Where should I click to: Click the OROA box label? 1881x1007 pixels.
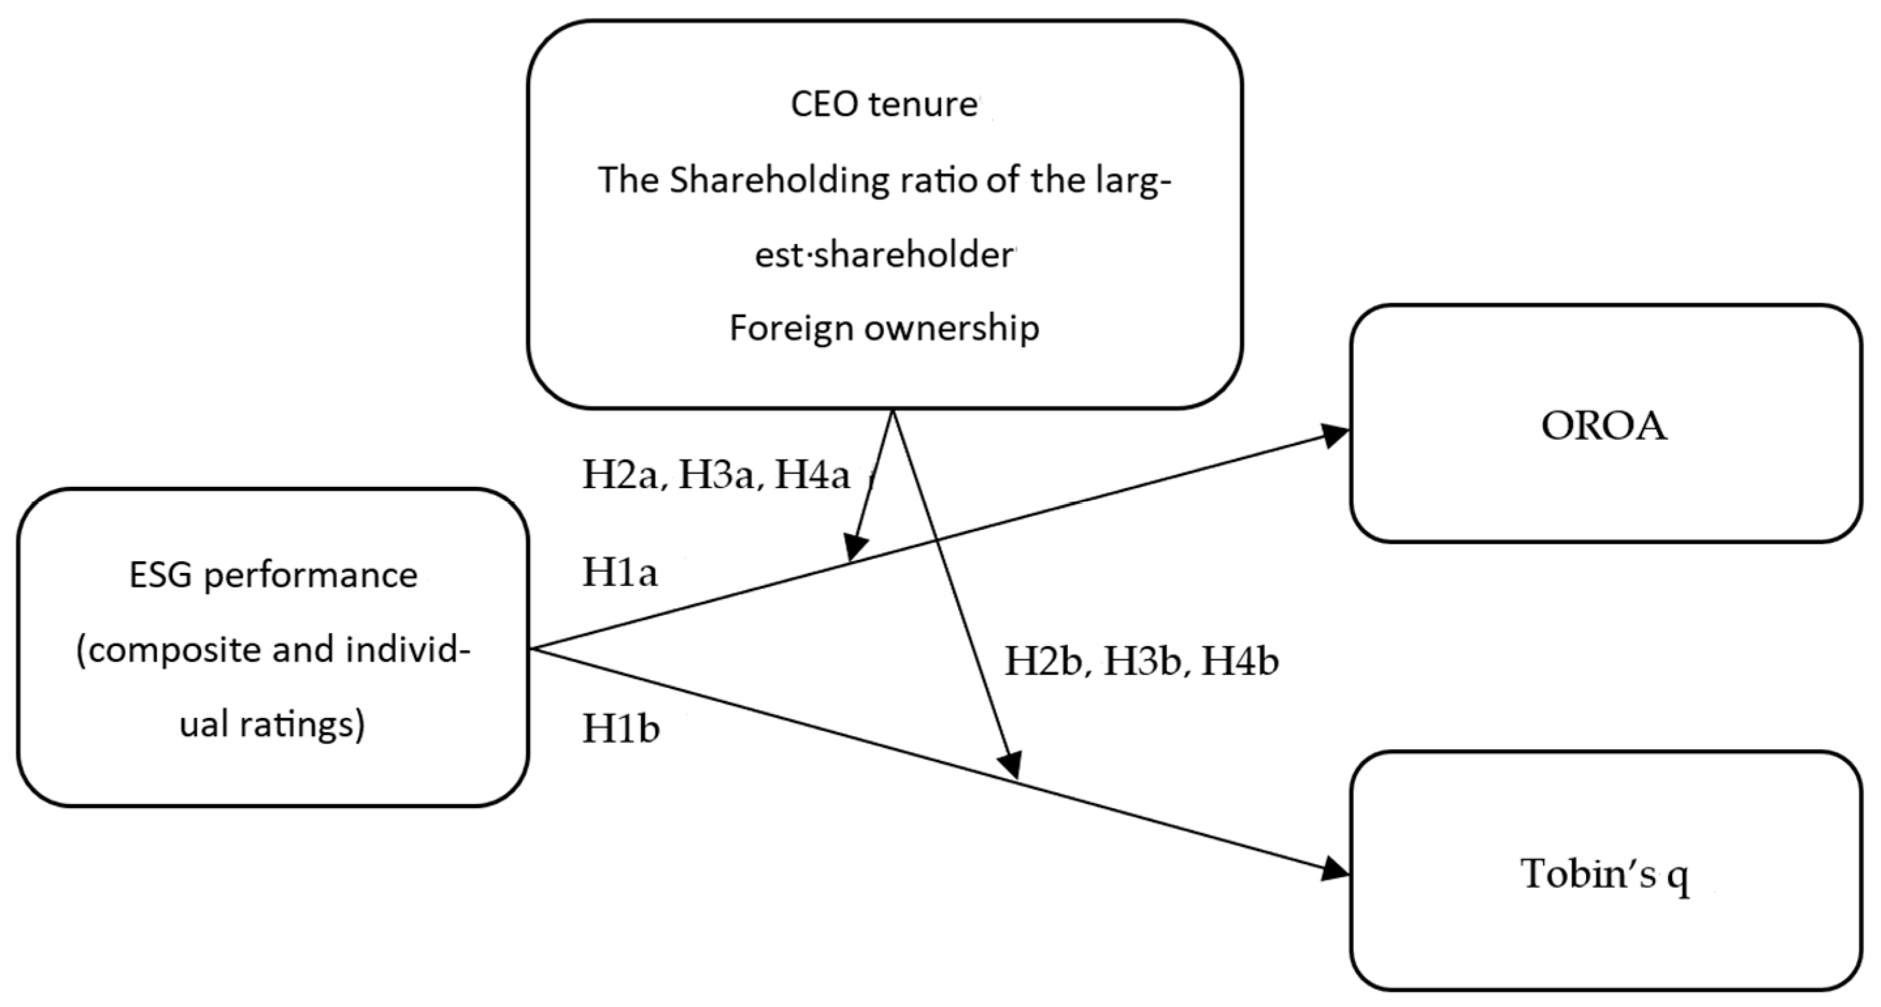coord(1604,426)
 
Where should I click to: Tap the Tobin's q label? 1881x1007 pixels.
coord(1604,873)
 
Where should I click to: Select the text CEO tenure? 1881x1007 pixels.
coord(883,104)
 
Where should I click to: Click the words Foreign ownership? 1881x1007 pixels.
coord(883,328)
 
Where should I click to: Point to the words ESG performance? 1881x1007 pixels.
coord(273,576)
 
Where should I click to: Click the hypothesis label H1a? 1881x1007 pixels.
coord(619,572)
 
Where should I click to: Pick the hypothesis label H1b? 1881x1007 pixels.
coord(620,729)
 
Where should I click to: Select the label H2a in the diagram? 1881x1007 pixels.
coord(624,475)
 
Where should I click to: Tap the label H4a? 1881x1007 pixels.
coord(812,475)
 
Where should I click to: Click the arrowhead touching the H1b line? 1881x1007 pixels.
coord(1011,767)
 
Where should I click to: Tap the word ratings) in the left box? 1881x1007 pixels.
coord(318,725)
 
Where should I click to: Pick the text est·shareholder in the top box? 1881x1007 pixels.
coord(883,256)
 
